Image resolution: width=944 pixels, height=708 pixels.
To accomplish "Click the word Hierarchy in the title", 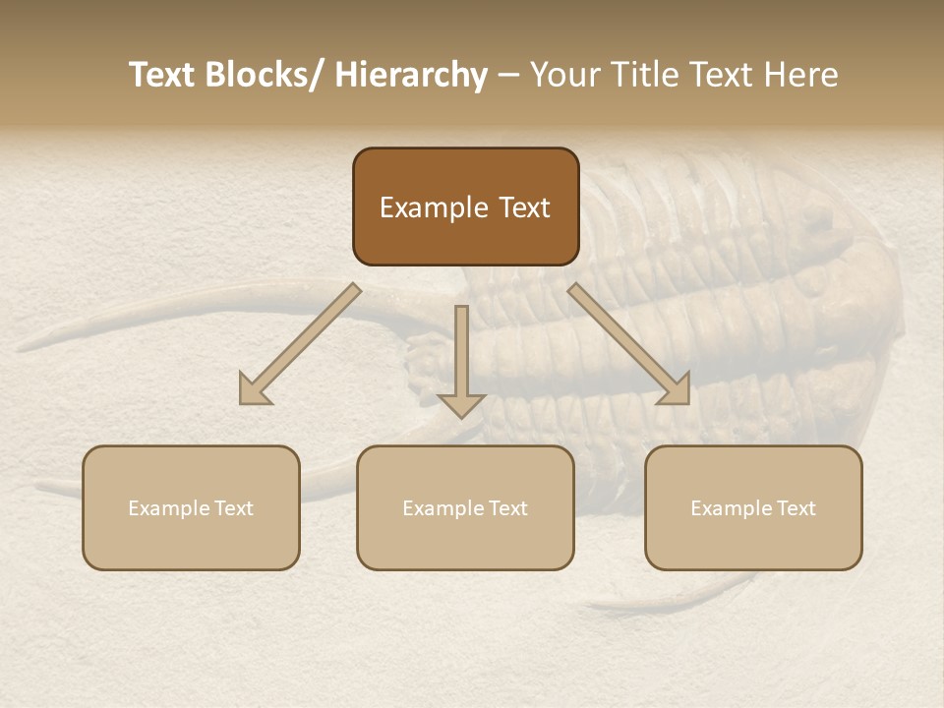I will tap(411, 76).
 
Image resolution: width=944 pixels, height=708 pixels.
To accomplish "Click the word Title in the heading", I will tap(645, 76).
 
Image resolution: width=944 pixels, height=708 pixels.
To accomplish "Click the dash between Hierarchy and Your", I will tap(507, 77).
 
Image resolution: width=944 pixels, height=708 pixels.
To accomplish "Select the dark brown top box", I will tap(465, 206).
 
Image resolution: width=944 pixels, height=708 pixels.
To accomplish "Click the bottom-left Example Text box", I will tap(191, 508).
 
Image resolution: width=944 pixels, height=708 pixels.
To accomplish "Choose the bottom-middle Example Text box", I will tap(465, 508).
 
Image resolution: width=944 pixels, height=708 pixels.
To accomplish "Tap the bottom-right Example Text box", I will tap(753, 508).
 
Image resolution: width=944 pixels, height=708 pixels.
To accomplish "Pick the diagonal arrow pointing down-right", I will tap(629, 344).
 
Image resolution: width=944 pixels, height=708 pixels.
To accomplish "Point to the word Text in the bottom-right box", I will tap(795, 508).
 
